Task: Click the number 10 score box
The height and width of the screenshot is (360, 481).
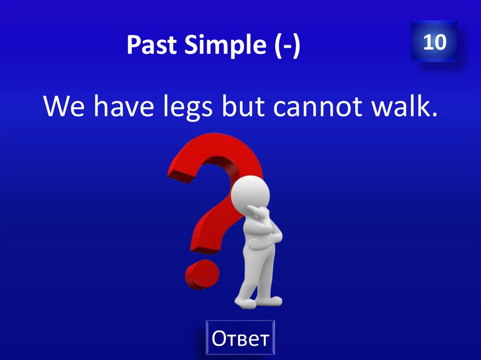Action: (x=434, y=42)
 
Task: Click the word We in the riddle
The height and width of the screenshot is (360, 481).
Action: (x=64, y=107)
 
